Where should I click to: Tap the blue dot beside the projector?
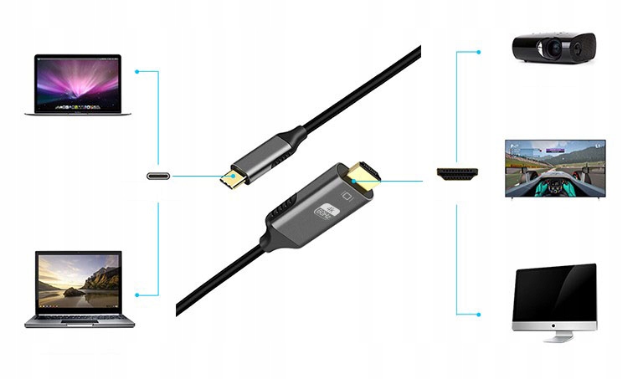pyautogui.click(x=480, y=51)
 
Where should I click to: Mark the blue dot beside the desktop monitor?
pyautogui.click(x=480, y=314)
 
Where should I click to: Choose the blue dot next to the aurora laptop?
pyautogui.click(x=136, y=71)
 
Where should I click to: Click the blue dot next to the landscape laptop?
pyautogui.click(x=136, y=294)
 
